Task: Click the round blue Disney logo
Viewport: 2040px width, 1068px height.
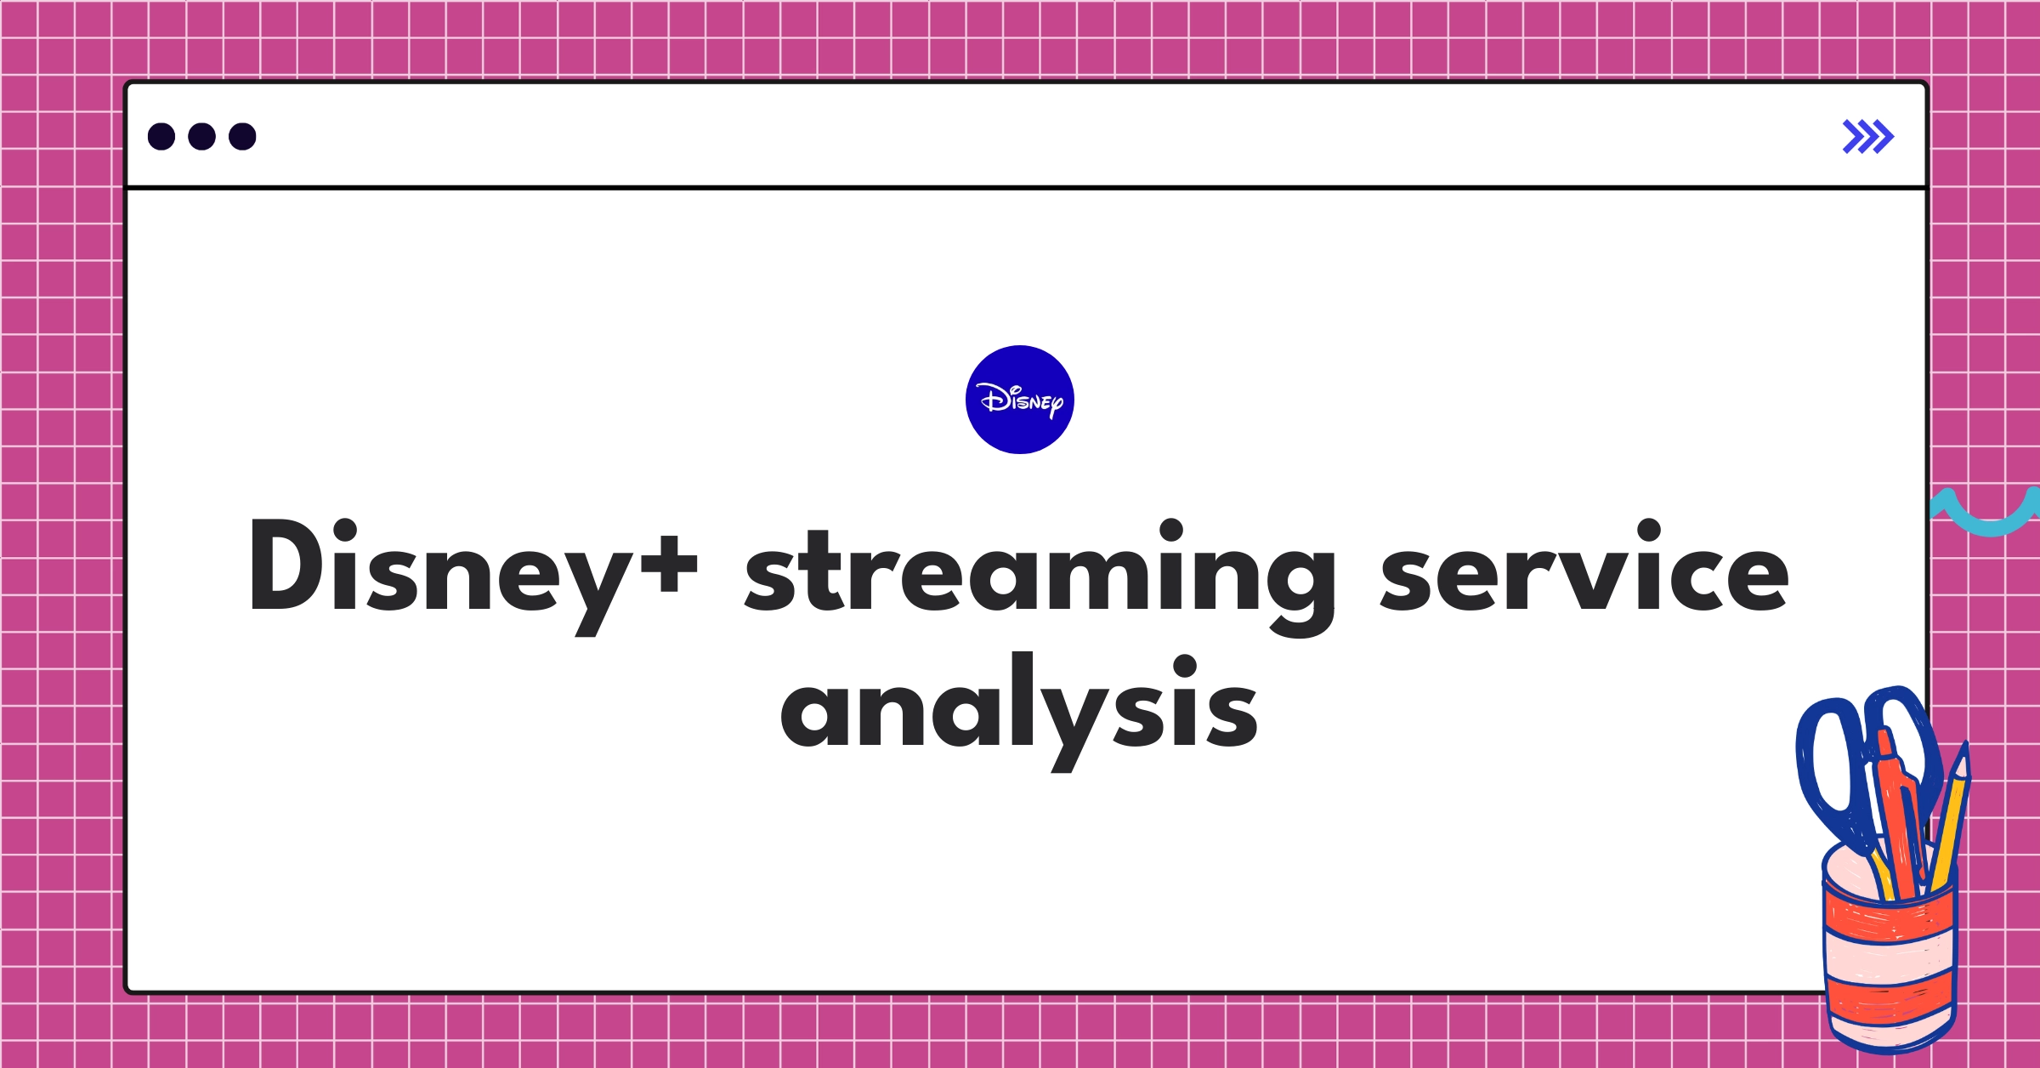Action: (x=1019, y=400)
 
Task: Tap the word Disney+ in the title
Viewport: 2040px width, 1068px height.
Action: (x=473, y=570)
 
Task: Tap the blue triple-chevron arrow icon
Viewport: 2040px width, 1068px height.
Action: (x=1867, y=137)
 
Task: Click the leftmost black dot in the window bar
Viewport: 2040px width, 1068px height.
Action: (x=161, y=137)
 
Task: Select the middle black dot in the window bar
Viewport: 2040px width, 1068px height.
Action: (x=201, y=137)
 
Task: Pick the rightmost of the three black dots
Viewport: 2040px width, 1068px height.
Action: (x=242, y=137)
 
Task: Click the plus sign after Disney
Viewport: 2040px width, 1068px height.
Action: (x=669, y=563)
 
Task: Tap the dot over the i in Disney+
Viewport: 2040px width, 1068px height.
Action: (x=345, y=531)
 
